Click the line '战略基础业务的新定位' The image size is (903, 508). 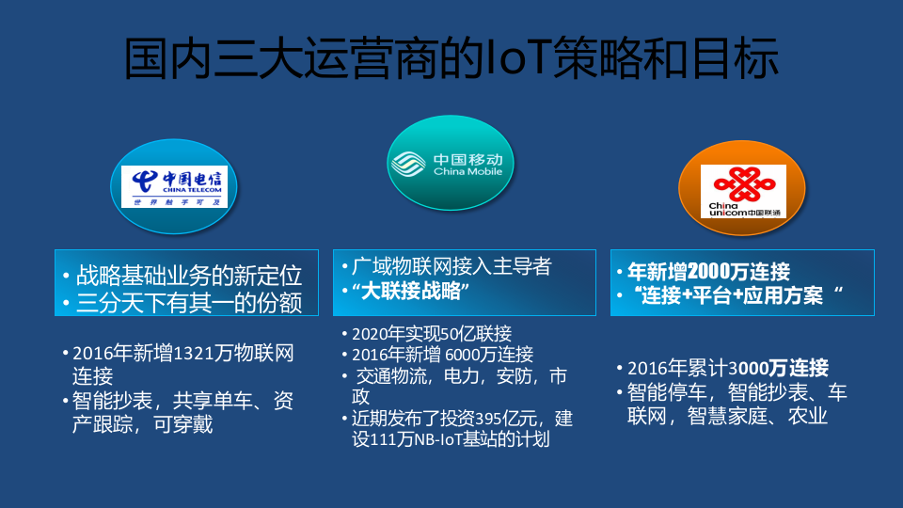pyautogui.click(x=189, y=276)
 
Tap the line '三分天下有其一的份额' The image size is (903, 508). pyautogui.click(x=189, y=303)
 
